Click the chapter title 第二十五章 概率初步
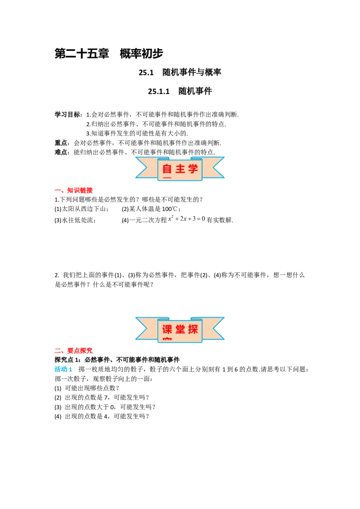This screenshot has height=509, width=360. (109, 54)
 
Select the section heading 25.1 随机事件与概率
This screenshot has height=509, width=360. (180, 72)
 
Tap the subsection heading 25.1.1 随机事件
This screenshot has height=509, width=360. (180, 91)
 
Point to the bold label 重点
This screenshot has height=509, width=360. (61, 143)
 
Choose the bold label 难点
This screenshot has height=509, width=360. (61, 152)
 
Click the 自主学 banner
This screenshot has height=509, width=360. (180, 169)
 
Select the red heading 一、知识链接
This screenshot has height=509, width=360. (73, 190)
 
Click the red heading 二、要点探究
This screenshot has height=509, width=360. (73, 351)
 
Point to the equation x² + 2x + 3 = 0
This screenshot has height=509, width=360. (187, 219)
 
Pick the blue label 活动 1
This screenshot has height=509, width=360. (63, 370)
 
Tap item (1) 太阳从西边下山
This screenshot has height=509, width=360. (81, 209)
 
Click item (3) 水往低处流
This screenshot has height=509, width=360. (75, 220)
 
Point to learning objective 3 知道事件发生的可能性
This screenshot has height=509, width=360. (137, 133)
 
